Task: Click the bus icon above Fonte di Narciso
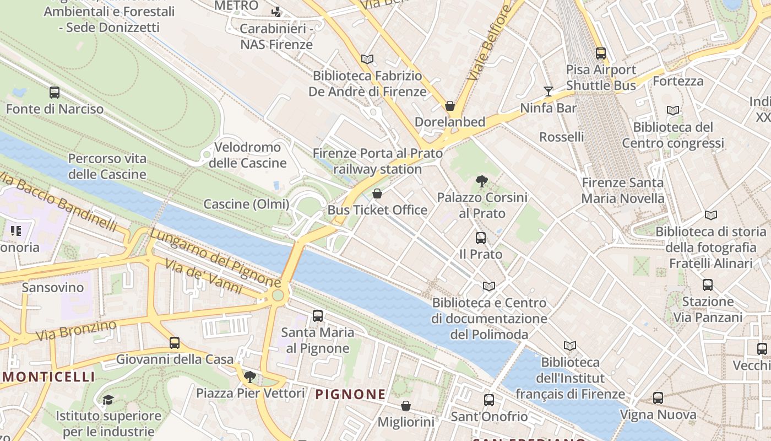coord(55,93)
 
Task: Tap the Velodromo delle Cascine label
coord(248,155)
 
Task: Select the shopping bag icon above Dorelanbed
coord(450,106)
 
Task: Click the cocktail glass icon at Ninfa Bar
coord(549,92)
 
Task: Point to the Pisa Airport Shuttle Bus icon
coord(601,53)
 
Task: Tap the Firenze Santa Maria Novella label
coord(623,190)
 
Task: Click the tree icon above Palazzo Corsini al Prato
coord(482,181)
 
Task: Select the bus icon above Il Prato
coord(481,238)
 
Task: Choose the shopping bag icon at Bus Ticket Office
coord(377,193)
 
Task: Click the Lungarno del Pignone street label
coord(215,257)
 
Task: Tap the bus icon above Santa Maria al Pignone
coord(318,316)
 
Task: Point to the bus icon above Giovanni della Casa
coord(175,343)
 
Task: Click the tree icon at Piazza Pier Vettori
coord(250,377)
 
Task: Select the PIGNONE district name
coord(350,394)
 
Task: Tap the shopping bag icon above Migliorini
coord(406,406)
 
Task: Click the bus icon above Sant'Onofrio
coord(489,400)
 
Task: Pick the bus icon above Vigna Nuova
coord(658,398)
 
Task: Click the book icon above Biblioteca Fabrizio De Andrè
coord(367,59)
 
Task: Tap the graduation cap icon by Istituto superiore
coord(108,400)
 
